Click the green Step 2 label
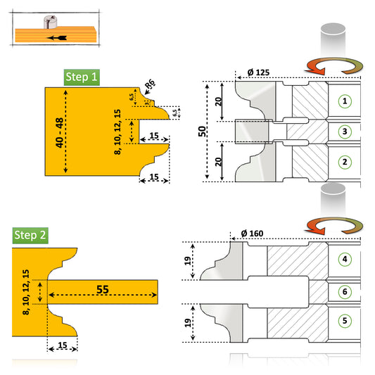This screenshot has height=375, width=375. (x=30, y=235)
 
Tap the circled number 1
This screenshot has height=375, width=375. (x=344, y=101)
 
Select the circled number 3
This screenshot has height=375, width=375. (x=344, y=131)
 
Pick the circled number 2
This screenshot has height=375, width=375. (x=344, y=162)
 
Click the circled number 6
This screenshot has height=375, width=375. (x=344, y=291)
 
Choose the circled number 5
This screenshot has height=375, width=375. (x=344, y=320)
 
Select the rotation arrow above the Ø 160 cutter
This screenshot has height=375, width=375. (x=333, y=227)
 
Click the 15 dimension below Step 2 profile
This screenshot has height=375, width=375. (x=63, y=345)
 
